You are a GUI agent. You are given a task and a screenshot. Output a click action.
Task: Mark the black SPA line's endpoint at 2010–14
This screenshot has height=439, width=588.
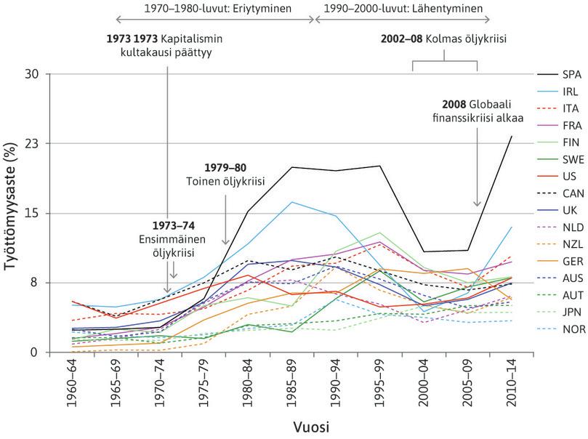pos(512,136)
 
